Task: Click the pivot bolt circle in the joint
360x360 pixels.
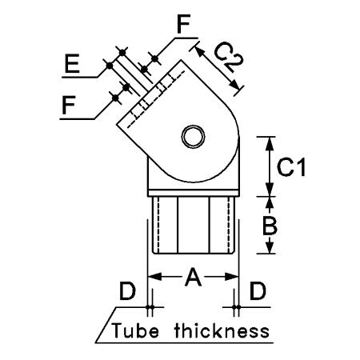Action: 193,136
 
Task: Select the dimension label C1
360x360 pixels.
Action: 291,167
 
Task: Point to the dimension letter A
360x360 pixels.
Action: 193,278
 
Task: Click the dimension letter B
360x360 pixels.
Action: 270,226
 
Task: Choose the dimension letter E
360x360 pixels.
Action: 72,63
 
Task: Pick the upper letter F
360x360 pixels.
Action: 183,24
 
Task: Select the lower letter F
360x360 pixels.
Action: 69,105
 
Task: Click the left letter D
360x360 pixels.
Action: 127,291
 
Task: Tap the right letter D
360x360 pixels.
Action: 258,290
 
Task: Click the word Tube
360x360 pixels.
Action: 135,330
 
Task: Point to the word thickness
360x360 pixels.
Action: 222,330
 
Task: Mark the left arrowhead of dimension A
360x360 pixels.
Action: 154,277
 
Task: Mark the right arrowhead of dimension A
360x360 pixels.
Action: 231,277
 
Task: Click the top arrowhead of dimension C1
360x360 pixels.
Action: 270,144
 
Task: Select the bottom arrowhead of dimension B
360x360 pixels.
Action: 270,246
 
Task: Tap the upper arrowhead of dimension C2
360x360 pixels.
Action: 200,52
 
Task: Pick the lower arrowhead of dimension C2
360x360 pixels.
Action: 234,84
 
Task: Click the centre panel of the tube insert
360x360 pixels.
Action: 194,225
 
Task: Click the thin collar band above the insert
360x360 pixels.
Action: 194,193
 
